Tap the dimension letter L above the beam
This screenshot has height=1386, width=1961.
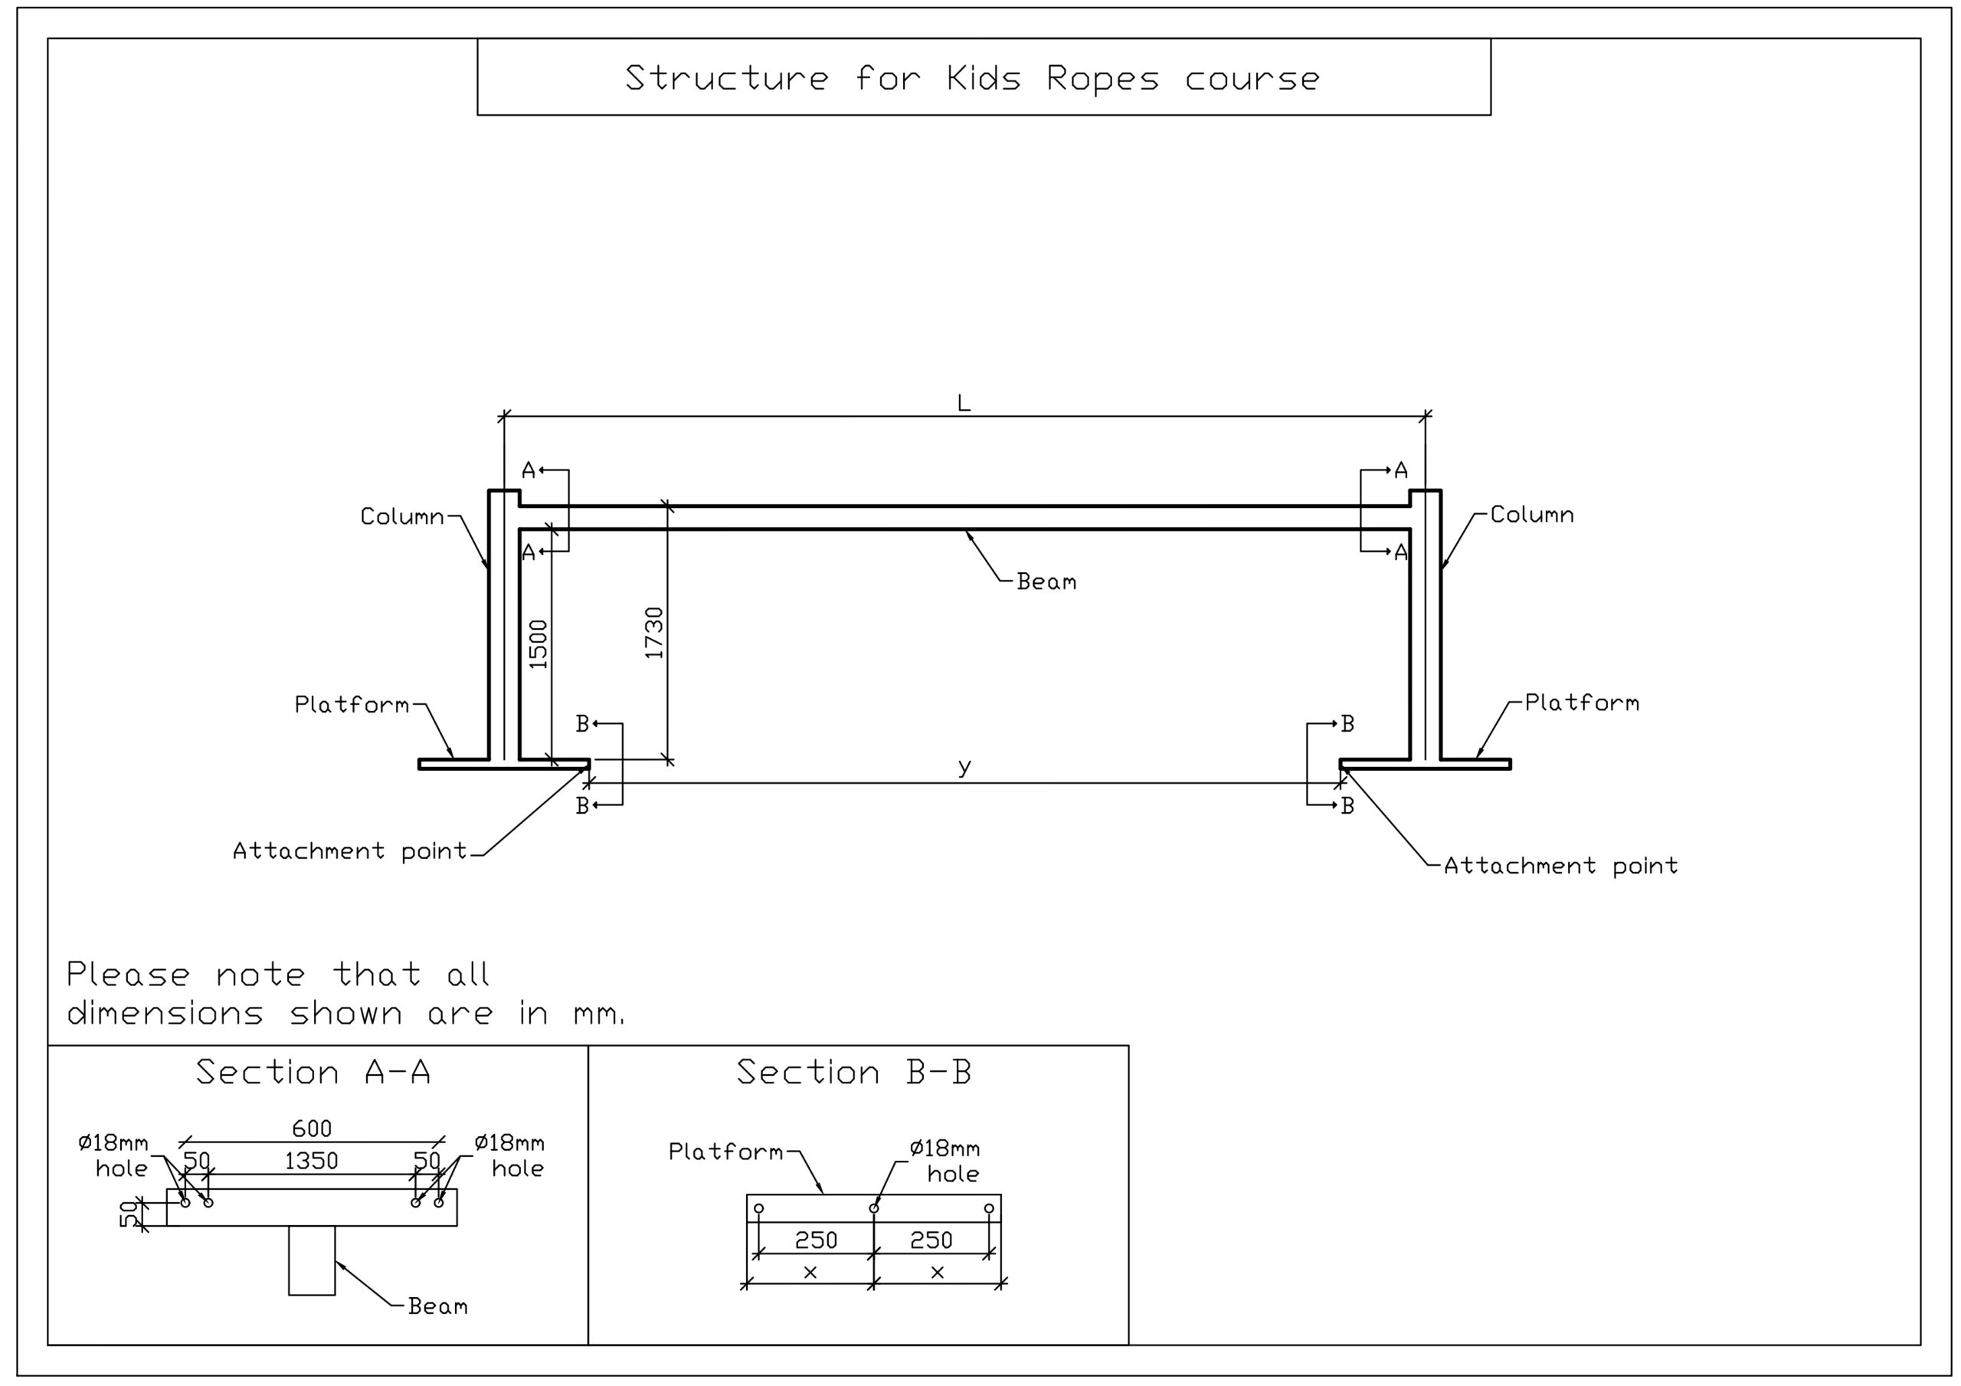click(x=964, y=402)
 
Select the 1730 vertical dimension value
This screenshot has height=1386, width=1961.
click(x=654, y=632)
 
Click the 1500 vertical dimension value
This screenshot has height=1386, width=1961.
click(x=538, y=644)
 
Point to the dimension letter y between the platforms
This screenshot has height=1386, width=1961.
click(x=964, y=765)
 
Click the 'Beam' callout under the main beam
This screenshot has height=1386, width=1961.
click(x=1046, y=582)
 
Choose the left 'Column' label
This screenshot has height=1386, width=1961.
click(x=402, y=516)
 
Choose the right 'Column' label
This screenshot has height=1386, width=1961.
click(x=1531, y=514)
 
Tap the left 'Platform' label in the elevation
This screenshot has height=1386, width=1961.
click(x=352, y=704)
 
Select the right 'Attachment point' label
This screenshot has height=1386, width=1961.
click(x=1560, y=866)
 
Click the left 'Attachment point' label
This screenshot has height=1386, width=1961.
click(x=350, y=850)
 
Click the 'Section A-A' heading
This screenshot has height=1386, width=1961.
click(x=313, y=1072)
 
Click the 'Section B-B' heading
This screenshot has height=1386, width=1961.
click(x=854, y=1072)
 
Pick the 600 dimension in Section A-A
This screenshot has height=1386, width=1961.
click(x=312, y=1128)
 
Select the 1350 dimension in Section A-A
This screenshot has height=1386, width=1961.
click(x=312, y=1161)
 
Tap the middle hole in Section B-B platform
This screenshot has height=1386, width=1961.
click(x=874, y=1207)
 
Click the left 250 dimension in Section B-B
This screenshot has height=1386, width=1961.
click(x=816, y=1239)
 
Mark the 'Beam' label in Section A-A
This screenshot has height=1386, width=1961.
click(x=437, y=1306)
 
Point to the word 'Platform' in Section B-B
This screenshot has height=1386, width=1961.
click(x=725, y=1151)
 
